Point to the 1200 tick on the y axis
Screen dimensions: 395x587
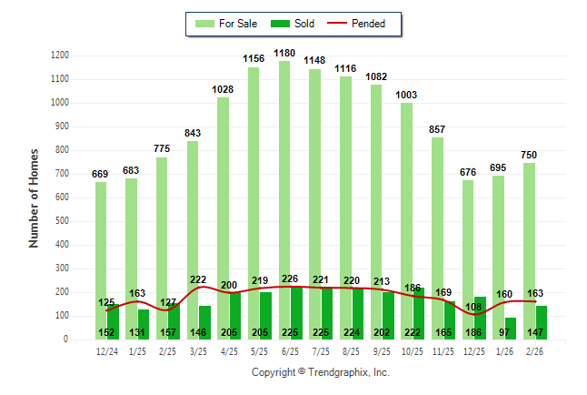point(60,56)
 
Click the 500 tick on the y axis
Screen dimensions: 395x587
point(63,221)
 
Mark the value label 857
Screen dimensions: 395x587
point(442,129)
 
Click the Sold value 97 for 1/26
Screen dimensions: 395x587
point(504,333)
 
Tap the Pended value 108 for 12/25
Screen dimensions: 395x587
point(473,307)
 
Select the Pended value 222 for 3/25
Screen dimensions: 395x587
point(198,279)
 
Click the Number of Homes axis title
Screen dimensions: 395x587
point(34,197)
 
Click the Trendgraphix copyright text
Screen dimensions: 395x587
point(320,373)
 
